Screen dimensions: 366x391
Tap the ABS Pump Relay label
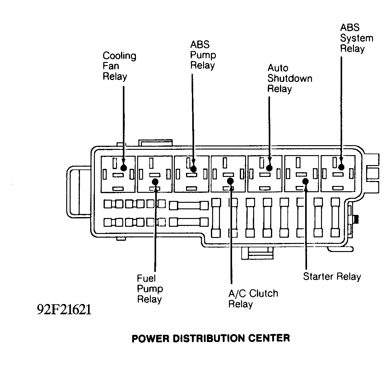coord(203,55)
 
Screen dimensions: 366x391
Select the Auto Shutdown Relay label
coord(290,78)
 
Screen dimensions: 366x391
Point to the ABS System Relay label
coord(356,38)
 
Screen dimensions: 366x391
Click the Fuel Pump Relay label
coord(150,288)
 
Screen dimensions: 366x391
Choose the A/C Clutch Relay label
coord(253,298)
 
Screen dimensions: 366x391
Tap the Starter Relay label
coord(332,276)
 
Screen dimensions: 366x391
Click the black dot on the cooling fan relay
coord(123,168)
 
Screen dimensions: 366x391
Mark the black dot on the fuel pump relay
coord(155,182)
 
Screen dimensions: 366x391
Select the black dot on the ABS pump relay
coord(193,169)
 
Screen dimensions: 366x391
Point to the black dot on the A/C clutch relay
coord(230,181)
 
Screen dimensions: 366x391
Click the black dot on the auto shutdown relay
coord(269,168)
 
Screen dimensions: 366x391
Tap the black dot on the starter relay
coord(305,181)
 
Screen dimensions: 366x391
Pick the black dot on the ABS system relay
coord(341,167)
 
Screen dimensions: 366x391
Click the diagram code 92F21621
coord(64,310)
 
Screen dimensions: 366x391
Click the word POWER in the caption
coord(151,338)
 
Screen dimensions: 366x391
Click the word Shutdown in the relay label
coord(290,78)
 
